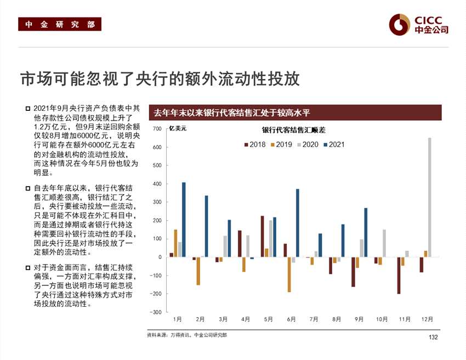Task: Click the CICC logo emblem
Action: pyautogui.click(x=400, y=24)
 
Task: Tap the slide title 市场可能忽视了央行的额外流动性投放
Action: pyautogui.click(x=160, y=79)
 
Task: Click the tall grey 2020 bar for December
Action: pyautogui.click(x=429, y=197)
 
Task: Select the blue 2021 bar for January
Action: pyautogui.click(x=184, y=220)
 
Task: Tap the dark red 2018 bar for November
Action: pyautogui.click(x=399, y=275)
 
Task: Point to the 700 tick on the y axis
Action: pyautogui.click(x=157, y=129)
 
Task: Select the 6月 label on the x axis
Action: pyautogui.click(x=291, y=319)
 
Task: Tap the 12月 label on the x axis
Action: pyautogui.click(x=428, y=319)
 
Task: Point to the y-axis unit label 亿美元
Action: pyautogui.click(x=178, y=129)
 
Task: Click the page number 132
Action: pyautogui.click(x=433, y=337)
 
